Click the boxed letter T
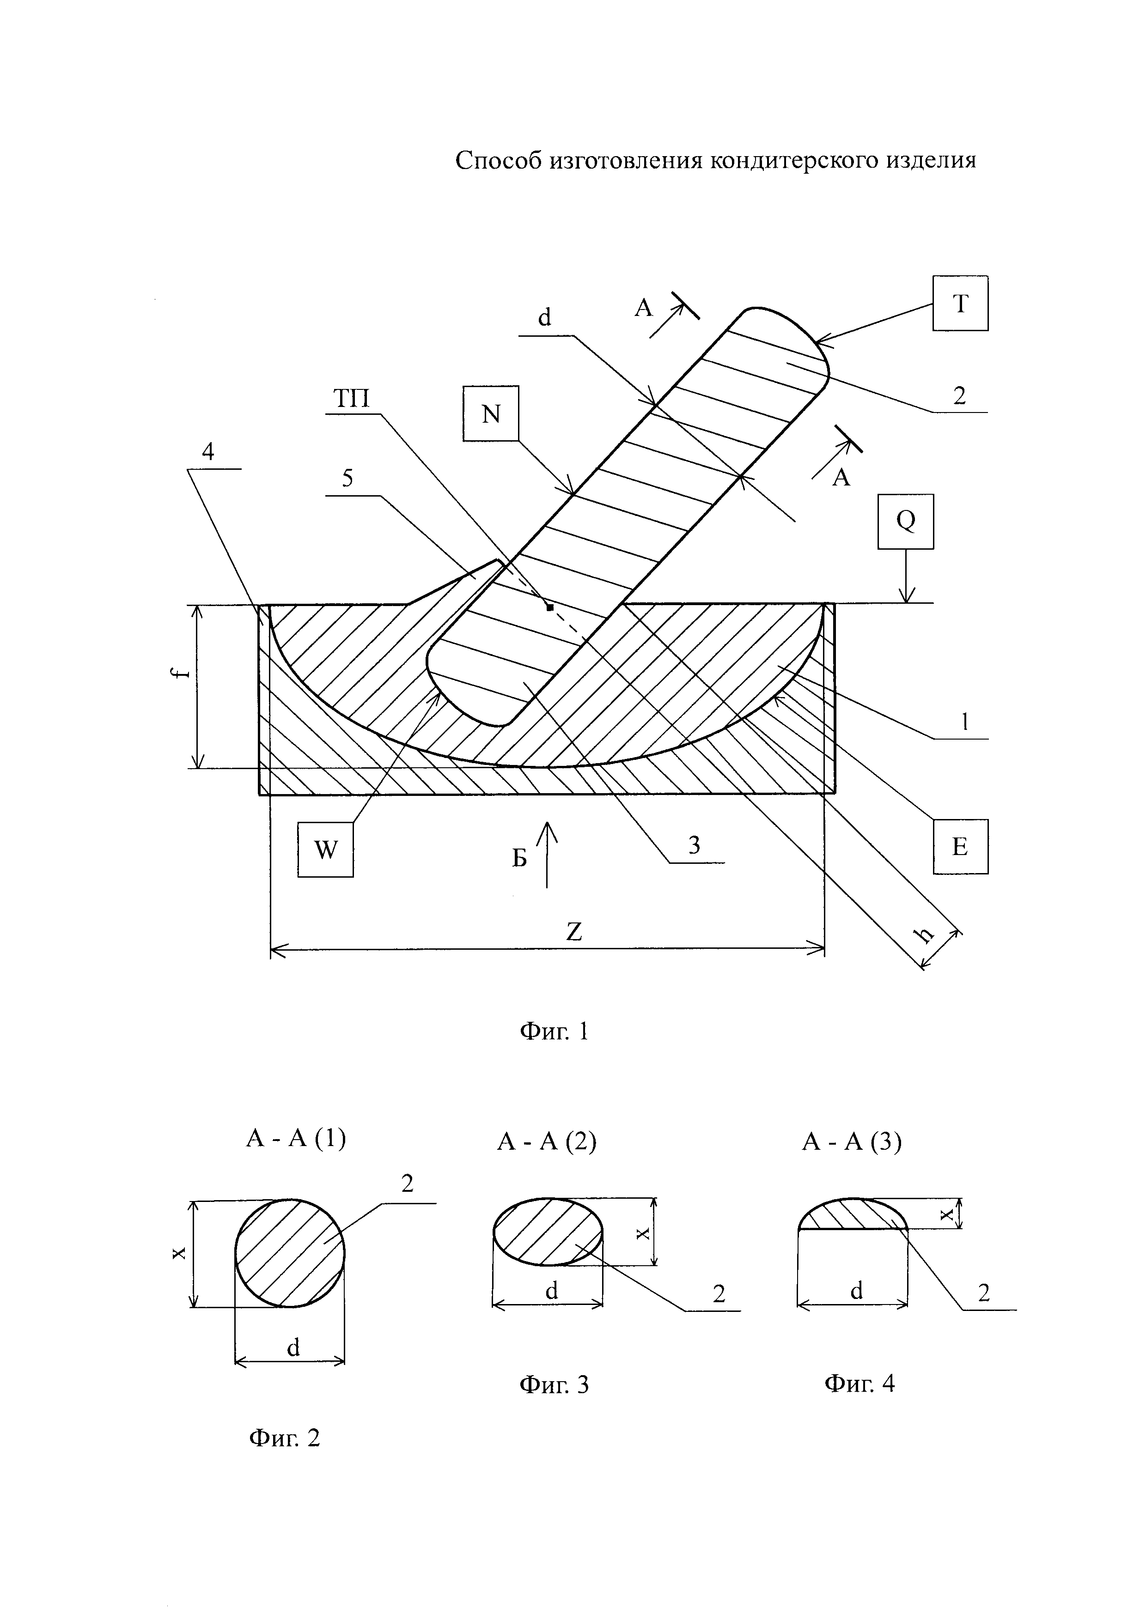tap(960, 303)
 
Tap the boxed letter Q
tap(905, 522)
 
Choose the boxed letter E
tap(960, 847)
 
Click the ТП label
tap(351, 400)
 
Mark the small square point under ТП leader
tap(550, 607)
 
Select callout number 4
tap(207, 452)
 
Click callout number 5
tap(347, 479)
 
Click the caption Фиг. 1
tap(554, 1031)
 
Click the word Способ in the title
tap(498, 161)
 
